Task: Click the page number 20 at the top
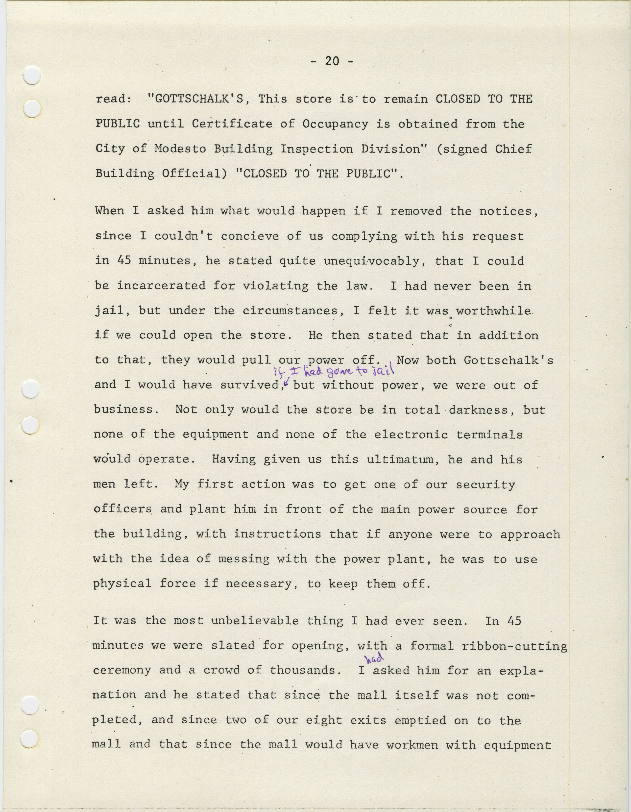(332, 61)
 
